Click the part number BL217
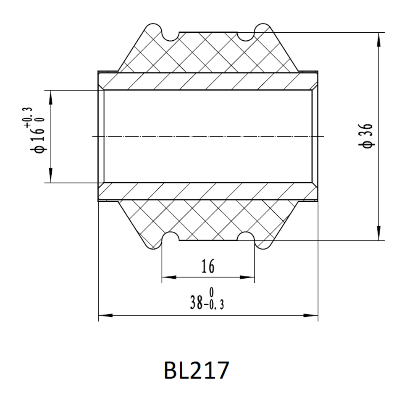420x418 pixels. coord(196,370)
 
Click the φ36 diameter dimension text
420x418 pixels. coord(366,136)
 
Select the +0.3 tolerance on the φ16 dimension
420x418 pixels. coord(29,117)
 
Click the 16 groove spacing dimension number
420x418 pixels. coord(208,266)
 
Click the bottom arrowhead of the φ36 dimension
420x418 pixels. coord(378,233)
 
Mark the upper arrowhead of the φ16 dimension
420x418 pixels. coord(51,97)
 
